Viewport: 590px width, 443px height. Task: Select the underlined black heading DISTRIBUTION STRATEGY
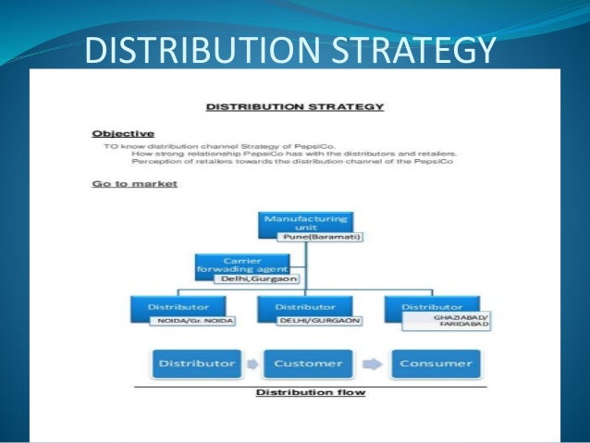click(x=295, y=107)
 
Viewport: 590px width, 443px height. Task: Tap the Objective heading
click(x=123, y=134)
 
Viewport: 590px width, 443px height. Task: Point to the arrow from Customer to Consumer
click(x=371, y=363)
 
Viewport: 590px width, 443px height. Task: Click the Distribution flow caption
click(x=310, y=392)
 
